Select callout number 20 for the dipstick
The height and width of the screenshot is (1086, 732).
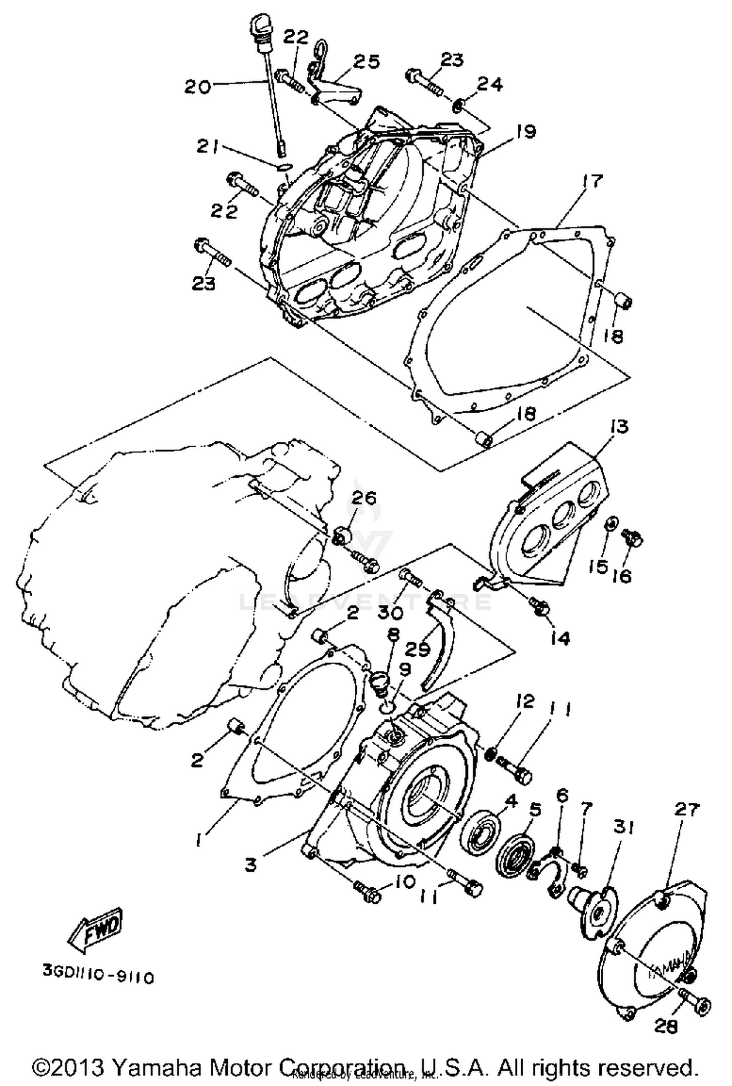coord(197,87)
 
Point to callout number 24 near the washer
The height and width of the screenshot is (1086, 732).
coord(489,84)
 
